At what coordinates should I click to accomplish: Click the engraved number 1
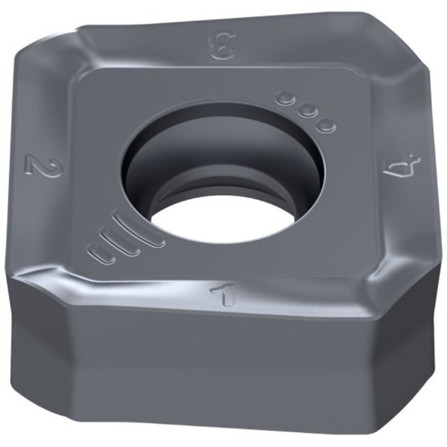pos(221,292)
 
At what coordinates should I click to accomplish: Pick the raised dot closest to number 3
pos(285,100)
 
